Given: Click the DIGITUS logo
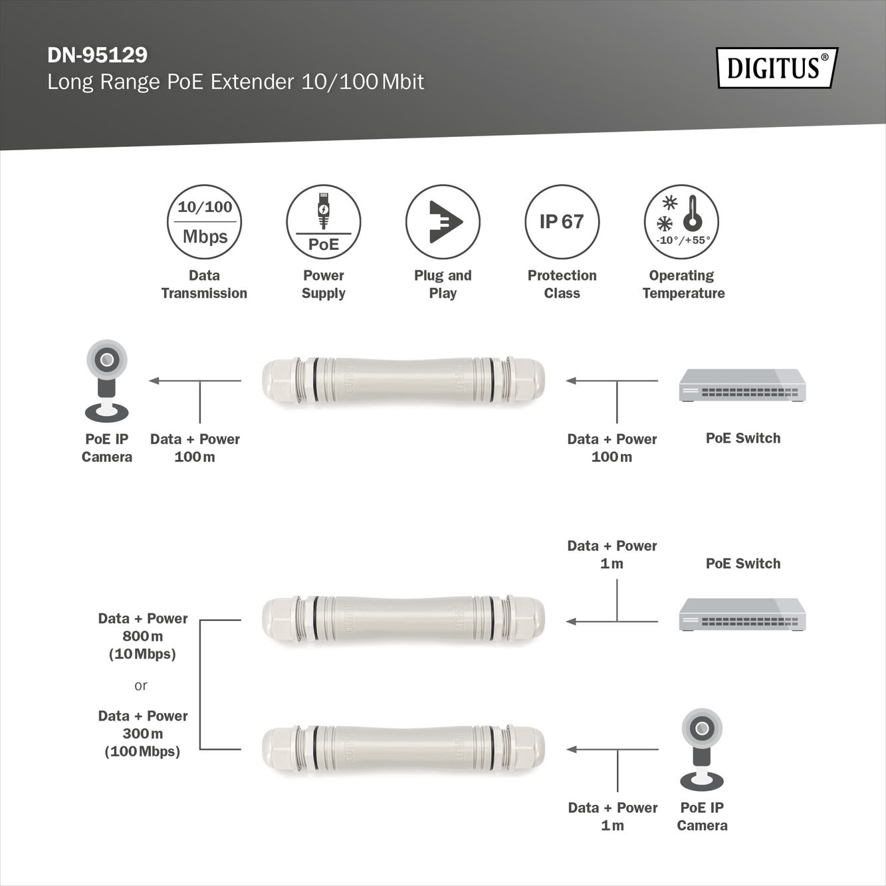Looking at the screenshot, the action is [777, 68].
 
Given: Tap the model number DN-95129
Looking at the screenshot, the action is [98, 55].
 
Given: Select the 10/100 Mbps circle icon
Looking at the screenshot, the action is [204, 221].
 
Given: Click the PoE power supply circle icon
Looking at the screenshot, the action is [323, 221].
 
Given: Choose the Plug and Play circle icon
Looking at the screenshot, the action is [443, 221].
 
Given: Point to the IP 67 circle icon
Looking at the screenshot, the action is [562, 221].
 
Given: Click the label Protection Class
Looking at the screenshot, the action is [562, 284].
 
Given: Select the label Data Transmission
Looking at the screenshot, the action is [204, 284].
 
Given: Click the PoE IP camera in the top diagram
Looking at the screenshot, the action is [106, 381].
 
